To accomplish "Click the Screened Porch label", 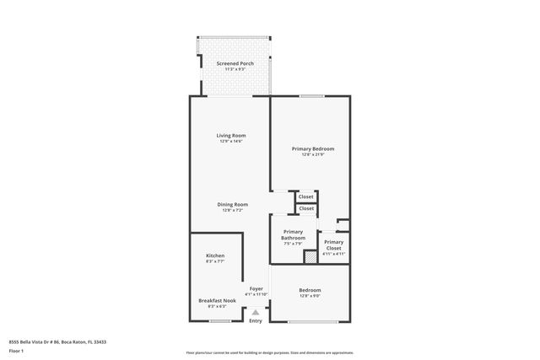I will [235, 63].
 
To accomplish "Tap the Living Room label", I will [231, 135].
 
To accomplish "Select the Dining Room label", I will [232, 204].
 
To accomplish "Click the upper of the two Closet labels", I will [305, 196].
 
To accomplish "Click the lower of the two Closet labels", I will [305, 208].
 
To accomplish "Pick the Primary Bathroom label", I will [293, 234].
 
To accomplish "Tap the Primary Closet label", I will [333, 244].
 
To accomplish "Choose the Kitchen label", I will [215, 255].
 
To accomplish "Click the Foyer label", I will [256, 288].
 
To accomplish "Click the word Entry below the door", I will [256, 320].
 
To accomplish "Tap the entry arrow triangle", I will [256, 311].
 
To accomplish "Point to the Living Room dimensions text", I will [231, 142].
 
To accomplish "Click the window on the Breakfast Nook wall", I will [220, 321].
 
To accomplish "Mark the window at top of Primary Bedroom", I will [312, 96].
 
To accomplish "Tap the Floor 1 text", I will [16, 351].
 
